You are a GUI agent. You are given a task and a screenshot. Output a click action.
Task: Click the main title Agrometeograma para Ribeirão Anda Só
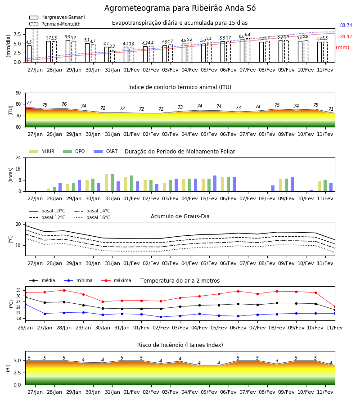point(180,8)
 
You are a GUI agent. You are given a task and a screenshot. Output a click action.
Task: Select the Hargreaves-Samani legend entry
point(57,17)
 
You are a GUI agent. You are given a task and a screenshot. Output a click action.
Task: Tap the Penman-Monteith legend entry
point(55,24)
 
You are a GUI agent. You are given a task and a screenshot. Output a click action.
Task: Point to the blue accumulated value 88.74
point(346,25)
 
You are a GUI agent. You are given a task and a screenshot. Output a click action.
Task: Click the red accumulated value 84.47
point(346,37)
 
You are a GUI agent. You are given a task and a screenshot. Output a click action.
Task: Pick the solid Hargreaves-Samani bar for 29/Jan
point(68,51)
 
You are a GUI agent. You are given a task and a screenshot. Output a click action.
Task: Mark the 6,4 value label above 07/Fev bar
point(247,35)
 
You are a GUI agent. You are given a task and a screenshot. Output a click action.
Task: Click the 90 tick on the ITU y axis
point(18,93)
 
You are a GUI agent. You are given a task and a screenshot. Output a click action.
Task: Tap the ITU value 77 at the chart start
point(29,103)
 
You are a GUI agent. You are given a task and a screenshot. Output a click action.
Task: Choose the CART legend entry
point(106,151)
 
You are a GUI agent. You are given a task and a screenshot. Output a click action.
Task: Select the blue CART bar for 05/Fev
point(215,184)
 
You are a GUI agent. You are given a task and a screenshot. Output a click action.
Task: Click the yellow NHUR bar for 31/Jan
point(106,183)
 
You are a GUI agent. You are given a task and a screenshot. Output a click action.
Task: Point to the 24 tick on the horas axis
point(18,158)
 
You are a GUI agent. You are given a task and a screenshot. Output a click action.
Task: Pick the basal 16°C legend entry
point(92,217)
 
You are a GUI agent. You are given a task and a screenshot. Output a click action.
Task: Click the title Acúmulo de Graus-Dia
point(180,216)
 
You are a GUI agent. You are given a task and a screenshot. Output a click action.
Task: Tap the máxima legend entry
point(116,280)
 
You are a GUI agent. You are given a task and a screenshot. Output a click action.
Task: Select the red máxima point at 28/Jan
point(64,290)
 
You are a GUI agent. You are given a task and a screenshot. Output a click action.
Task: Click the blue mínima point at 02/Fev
point(161,317)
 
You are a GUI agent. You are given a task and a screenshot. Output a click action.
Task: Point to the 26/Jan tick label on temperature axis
point(25,328)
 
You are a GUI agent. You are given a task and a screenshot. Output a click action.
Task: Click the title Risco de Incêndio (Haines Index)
point(180,345)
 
